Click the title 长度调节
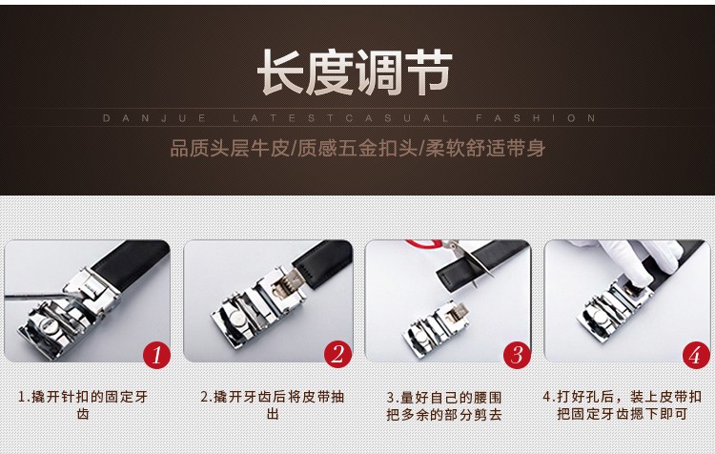coord(355,72)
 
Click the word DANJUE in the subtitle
coord(154,118)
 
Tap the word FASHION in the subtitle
coord(536,118)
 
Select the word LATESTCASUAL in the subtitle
coord(340,118)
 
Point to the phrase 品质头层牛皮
coord(230,149)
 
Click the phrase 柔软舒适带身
coord(485,149)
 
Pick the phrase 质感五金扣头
coord(357,149)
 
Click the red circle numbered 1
coord(156,355)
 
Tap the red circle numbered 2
coord(337,355)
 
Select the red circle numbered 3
coord(517,355)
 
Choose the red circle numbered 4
coord(696,355)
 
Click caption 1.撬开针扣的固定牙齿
coord(83,405)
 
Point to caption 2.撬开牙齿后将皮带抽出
coord(273,405)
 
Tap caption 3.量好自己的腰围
coord(444,397)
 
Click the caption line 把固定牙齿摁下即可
coord(622,414)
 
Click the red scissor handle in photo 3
coord(423,244)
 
